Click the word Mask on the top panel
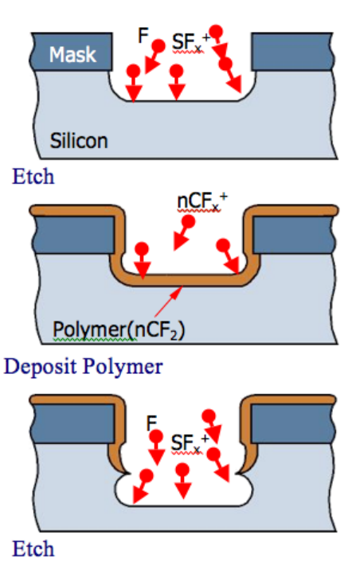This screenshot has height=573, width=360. (72, 55)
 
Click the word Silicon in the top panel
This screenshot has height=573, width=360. (79, 141)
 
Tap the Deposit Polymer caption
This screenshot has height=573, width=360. (84, 367)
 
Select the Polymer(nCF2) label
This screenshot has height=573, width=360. (119, 329)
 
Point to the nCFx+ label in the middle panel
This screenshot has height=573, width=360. (202, 201)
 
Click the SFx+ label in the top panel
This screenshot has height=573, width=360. (191, 42)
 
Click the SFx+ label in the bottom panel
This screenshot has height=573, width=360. (190, 443)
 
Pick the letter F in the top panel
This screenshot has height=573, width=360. (143, 36)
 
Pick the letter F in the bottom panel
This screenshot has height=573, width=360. (151, 423)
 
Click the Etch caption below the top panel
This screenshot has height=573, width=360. (33, 177)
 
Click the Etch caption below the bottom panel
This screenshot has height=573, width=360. (33, 549)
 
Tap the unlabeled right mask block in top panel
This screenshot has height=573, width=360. (292, 51)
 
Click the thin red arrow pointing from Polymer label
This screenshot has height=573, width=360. (169, 301)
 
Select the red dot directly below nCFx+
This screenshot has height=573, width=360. (189, 221)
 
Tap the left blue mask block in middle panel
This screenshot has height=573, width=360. (73, 235)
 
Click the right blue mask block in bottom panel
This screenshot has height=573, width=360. (292, 423)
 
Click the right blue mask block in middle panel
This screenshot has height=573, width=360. (293, 235)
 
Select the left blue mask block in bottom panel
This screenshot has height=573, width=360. (72, 423)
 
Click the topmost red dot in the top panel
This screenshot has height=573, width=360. (216, 31)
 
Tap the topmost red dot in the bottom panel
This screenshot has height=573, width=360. (209, 416)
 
